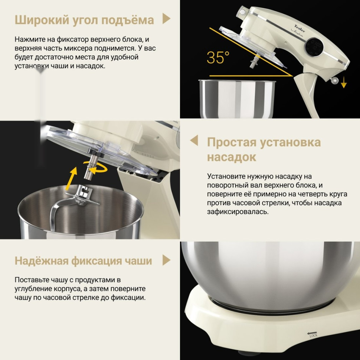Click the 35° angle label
click(x=218, y=58)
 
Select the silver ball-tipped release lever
click(x=334, y=80)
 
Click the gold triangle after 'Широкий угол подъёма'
click(x=166, y=19)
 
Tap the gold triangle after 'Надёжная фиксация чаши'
click(x=166, y=260)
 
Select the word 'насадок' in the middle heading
click(x=232, y=157)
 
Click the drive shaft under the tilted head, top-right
click(x=255, y=60)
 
